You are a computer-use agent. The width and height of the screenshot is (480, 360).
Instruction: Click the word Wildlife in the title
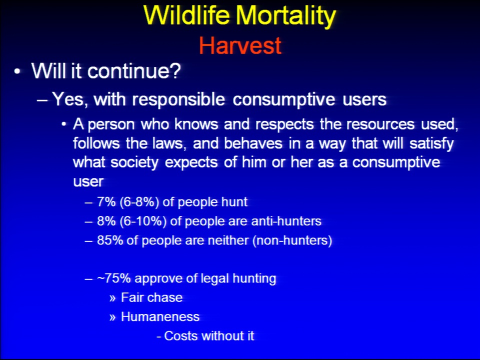tap(186, 15)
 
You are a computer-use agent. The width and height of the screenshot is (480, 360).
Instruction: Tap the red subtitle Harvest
tap(240, 45)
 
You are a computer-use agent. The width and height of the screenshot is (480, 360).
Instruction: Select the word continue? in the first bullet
tap(134, 70)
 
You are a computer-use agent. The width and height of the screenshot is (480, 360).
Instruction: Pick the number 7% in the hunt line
tap(106, 202)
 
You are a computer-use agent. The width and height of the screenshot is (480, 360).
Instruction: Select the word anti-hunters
tap(286, 221)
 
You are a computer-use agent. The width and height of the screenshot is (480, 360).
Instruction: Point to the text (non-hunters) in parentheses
tap(292, 240)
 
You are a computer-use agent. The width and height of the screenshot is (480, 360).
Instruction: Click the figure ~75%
tap(114, 278)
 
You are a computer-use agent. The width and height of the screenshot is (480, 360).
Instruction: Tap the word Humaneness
tap(160, 316)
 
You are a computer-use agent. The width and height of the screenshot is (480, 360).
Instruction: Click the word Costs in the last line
tap(181, 336)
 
